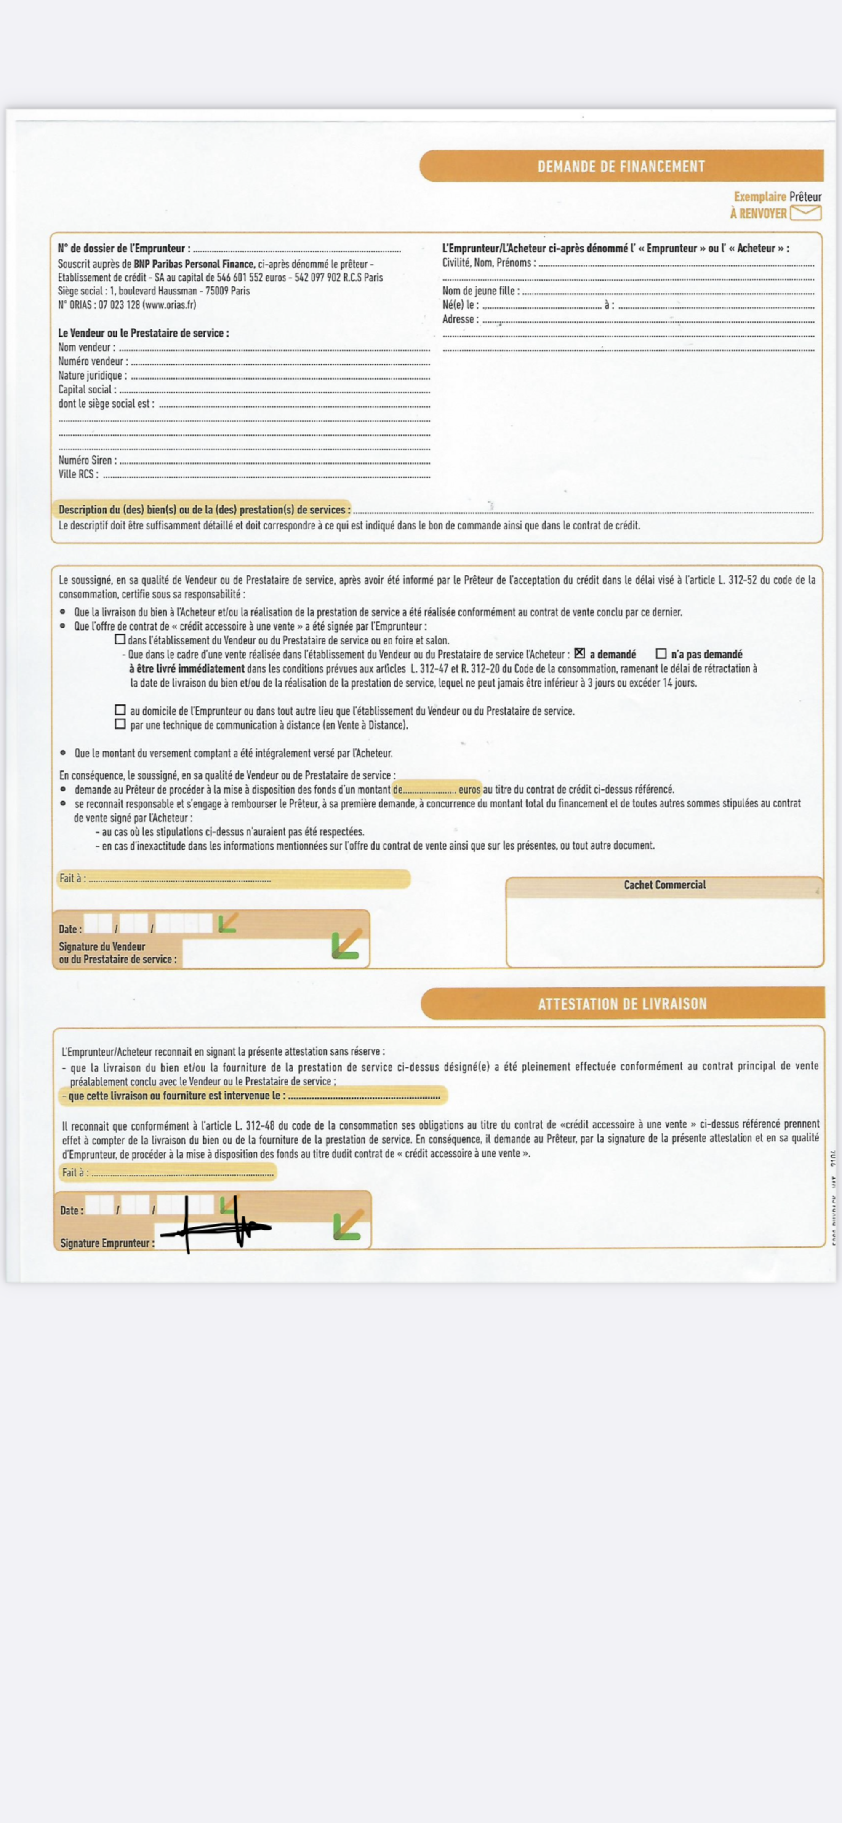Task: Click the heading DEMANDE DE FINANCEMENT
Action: pos(621,166)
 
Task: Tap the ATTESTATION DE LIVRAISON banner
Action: pos(622,1003)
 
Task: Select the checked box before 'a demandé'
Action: pos(579,653)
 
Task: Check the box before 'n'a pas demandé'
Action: pos(661,654)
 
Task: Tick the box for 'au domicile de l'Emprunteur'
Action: pos(120,710)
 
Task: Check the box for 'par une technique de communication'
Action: pos(120,724)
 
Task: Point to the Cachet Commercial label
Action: pos(664,885)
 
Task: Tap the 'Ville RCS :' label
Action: pos(78,474)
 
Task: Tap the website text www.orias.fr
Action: pos(169,305)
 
